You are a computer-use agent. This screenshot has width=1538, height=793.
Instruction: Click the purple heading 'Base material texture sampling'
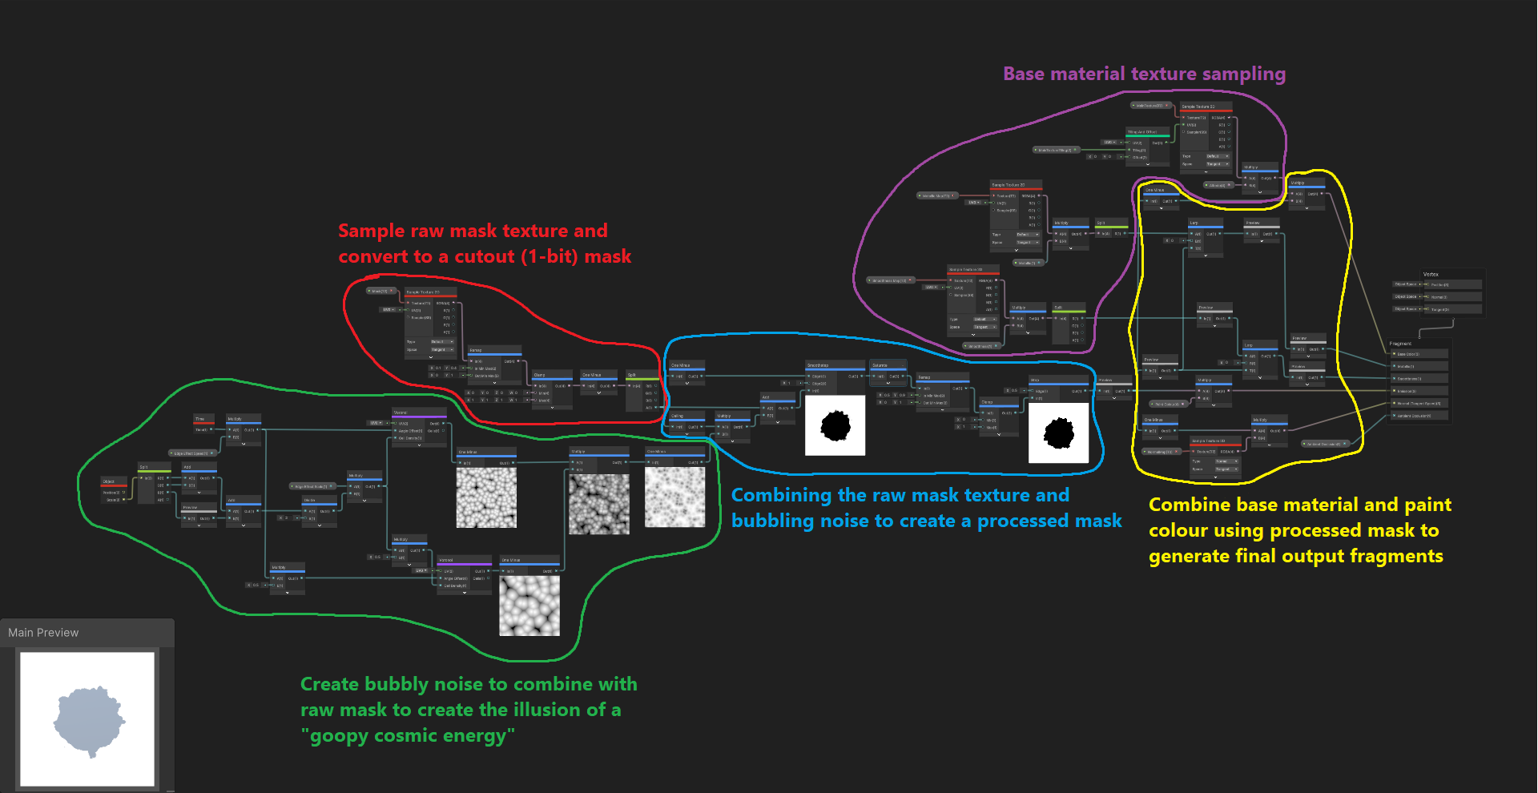pyautogui.click(x=1144, y=74)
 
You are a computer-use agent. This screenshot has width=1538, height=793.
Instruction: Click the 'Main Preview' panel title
pyautogui.click(x=43, y=633)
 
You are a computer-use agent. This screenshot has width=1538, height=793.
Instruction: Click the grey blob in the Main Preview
pyautogui.click(x=88, y=719)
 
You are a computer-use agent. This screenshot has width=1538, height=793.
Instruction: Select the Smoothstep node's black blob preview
pyautogui.click(x=835, y=425)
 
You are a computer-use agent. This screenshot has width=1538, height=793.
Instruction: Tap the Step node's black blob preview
pyautogui.click(x=1058, y=433)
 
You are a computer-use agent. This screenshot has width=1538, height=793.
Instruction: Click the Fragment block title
pyautogui.click(x=1400, y=344)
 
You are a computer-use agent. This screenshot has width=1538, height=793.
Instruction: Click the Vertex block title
pyautogui.click(x=1430, y=274)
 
